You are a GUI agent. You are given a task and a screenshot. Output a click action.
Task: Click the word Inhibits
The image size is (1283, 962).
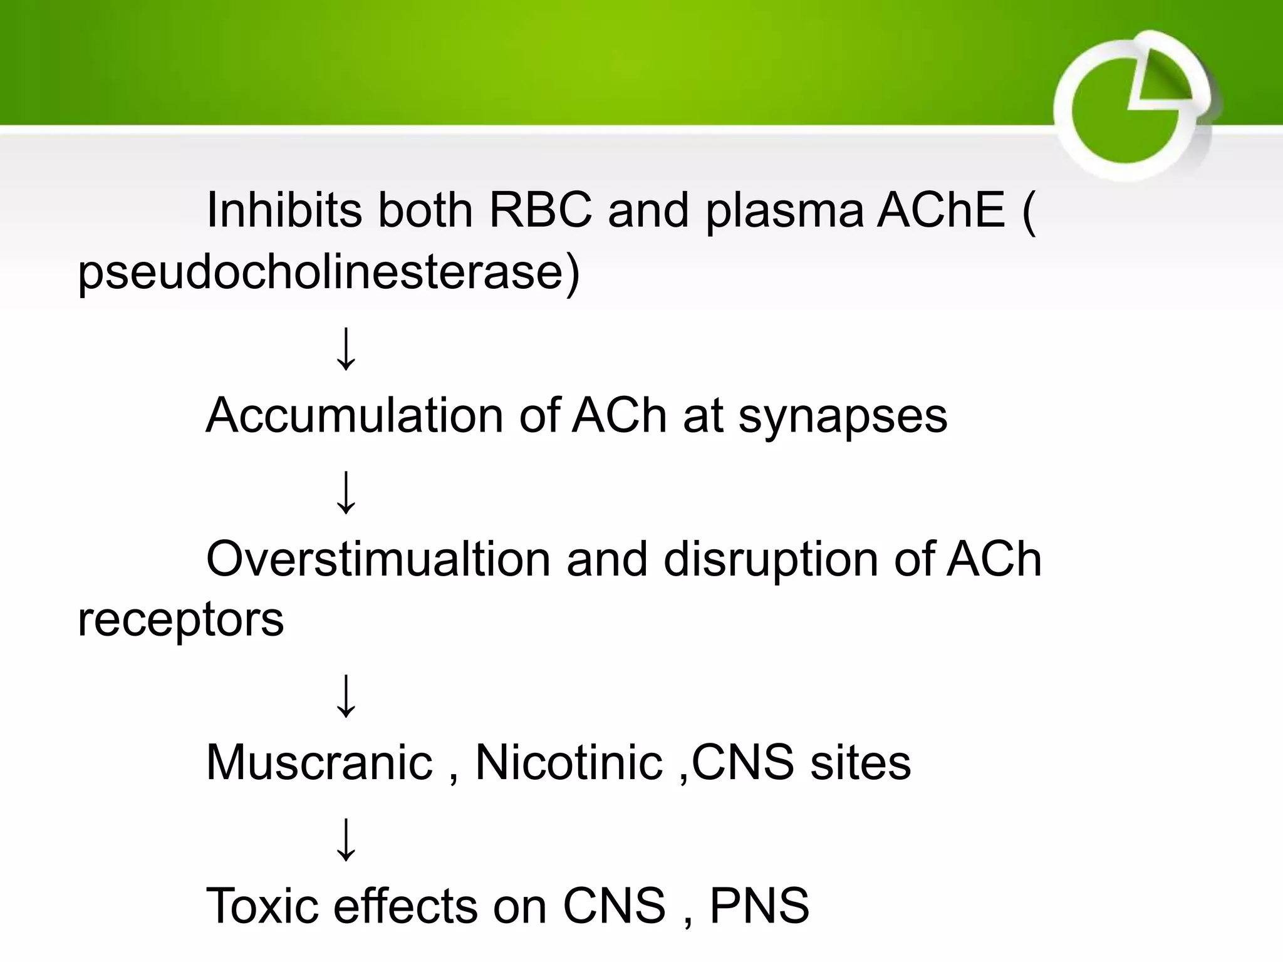(x=284, y=209)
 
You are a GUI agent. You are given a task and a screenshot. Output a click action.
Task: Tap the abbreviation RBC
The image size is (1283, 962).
(x=540, y=209)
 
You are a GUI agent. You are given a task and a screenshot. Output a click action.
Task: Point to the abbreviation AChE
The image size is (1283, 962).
(x=940, y=209)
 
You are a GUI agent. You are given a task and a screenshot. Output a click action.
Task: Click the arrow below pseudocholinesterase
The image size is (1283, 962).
(x=346, y=349)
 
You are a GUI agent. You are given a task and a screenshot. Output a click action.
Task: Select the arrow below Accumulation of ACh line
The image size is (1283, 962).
(x=346, y=494)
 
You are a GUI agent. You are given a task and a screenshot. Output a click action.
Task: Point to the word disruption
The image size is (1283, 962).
(x=771, y=559)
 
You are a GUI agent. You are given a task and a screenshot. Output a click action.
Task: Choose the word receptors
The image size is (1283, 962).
(x=180, y=620)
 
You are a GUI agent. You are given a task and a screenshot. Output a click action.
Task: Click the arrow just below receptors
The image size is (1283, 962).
(x=346, y=696)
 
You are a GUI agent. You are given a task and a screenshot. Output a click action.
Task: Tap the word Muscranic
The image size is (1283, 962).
(x=319, y=762)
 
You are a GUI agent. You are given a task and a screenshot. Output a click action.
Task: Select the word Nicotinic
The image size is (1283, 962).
(x=568, y=762)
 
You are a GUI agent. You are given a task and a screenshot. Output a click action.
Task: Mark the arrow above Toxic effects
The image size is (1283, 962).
(x=346, y=840)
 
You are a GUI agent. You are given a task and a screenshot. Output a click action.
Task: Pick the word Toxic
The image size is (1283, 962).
(x=262, y=905)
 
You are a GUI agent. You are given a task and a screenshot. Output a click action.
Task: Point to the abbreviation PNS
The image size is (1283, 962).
(x=759, y=905)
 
